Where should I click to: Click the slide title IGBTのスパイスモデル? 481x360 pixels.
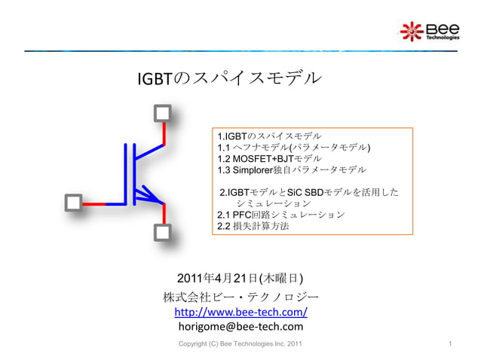(227, 79)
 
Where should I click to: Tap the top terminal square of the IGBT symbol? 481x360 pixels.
(163, 114)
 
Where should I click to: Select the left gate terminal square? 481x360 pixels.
(72, 203)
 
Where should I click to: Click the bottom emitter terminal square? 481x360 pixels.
(163, 233)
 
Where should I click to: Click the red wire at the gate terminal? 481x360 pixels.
(93, 203)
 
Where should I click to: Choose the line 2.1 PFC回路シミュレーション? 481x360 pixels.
(280, 215)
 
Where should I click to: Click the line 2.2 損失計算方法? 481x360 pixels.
(253, 227)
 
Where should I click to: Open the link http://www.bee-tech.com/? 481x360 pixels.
(240, 311)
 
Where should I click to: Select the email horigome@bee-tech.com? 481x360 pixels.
(240, 327)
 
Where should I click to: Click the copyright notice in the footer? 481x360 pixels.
(240, 345)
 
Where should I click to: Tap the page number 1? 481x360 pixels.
(449, 345)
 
